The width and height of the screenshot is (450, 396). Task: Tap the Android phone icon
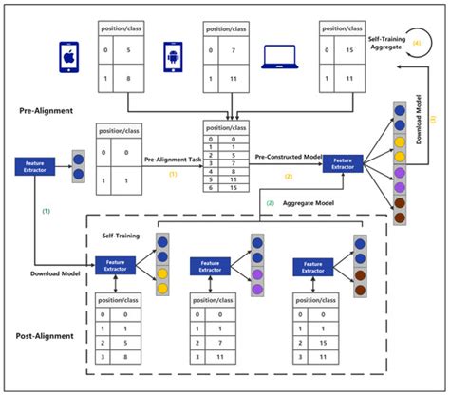tap(173, 56)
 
